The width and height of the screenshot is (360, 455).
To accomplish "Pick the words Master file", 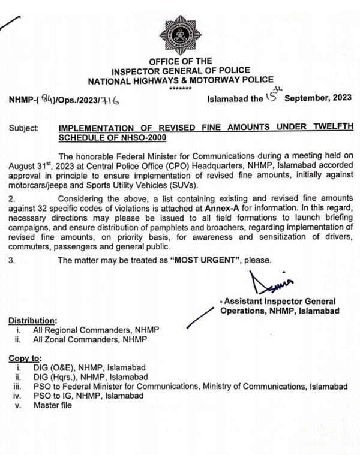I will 52,405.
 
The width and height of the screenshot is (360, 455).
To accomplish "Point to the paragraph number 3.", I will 12,260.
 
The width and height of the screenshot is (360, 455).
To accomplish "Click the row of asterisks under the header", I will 180,89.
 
